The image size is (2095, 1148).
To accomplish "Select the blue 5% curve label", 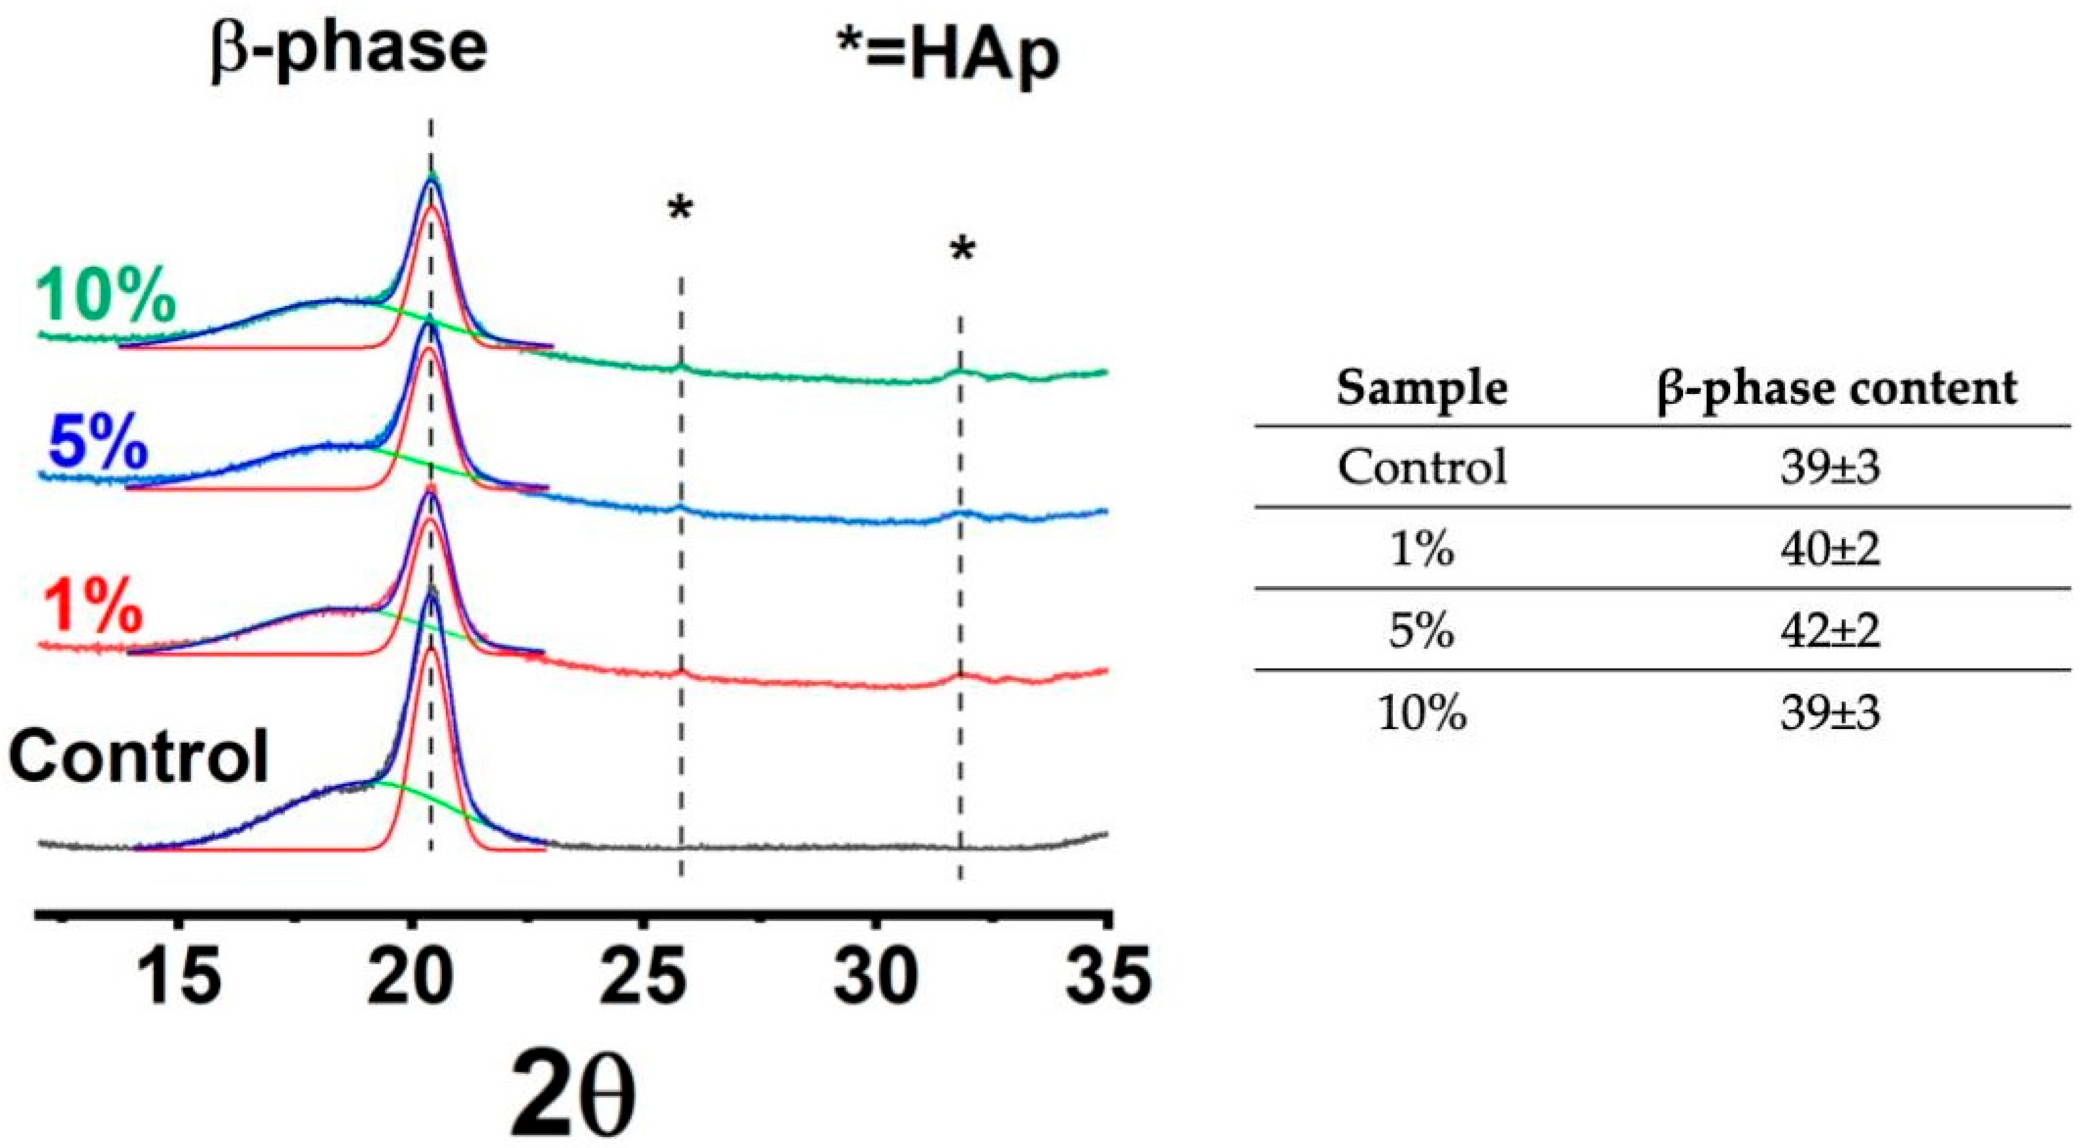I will [98, 446].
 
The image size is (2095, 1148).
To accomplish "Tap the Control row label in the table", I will [1422, 468].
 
